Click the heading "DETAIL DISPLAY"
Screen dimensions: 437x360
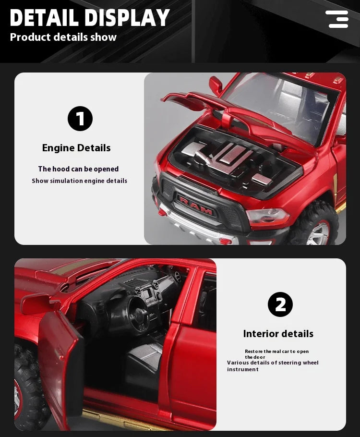[x=90, y=18]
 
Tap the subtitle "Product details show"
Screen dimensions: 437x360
[x=63, y=37]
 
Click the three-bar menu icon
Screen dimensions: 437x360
[x=337, y=19]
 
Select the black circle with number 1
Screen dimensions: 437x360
[x=80, y=119]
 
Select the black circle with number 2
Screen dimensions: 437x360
[x=280, y=304]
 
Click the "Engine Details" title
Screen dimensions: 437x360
[x=76, y=148]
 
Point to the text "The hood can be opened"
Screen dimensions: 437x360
[x=78, y=169]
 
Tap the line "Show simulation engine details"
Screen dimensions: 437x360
[x=80, y=181]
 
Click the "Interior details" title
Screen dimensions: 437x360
[x=278, y=334]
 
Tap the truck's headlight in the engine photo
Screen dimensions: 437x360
[x=267, y=217]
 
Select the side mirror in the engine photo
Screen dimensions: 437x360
[x=216, y=85]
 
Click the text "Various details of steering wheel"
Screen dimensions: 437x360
[x=273, y=363]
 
